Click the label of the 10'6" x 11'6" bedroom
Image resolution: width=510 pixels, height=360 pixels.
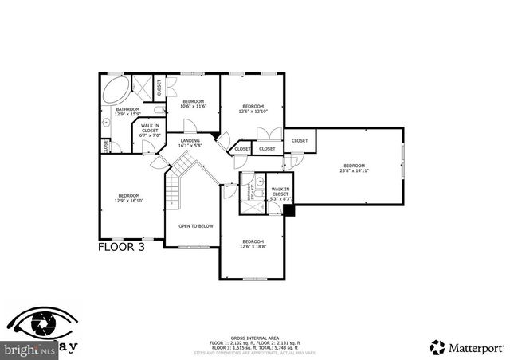tap(194, 104)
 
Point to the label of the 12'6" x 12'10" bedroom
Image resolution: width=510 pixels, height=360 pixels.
tap(253, 108)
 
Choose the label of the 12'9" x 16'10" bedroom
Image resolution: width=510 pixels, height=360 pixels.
tap(129, 198)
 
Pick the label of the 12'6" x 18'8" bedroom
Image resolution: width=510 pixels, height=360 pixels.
tap(253, 244)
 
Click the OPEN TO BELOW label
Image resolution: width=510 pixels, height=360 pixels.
tap(195, 226)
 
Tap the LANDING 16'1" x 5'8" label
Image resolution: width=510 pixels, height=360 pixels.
tap(190, 143)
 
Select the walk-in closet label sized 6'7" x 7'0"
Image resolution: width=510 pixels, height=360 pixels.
tap(151, 131)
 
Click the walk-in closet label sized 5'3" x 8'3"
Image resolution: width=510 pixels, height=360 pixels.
tap(280, 191)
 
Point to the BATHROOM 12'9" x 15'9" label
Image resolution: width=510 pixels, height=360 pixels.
tap(127, 112)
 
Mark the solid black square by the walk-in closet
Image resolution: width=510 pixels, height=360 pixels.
tap(289, 211)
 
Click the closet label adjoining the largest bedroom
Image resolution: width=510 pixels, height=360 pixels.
tap(300, 141)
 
